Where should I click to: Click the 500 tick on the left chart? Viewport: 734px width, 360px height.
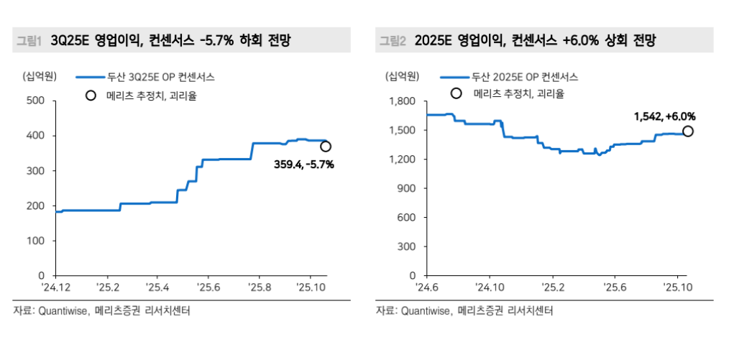point(35,101)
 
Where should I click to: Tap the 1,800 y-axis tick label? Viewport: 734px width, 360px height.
point(402,101)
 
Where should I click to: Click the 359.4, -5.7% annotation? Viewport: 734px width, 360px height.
point(304,165)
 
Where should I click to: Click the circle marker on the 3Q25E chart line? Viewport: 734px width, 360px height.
point(326,147)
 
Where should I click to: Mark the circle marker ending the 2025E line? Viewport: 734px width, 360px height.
point(688,131)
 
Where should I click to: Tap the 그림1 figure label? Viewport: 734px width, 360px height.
point(29,41)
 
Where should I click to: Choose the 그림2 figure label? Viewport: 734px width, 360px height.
point(393,41)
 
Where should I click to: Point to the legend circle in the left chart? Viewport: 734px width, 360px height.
point(90,95)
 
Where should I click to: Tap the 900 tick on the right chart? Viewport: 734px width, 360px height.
point(408,188)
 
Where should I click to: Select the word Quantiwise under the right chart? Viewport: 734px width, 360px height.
point(424,310)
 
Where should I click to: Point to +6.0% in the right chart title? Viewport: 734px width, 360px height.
point(584,41)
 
